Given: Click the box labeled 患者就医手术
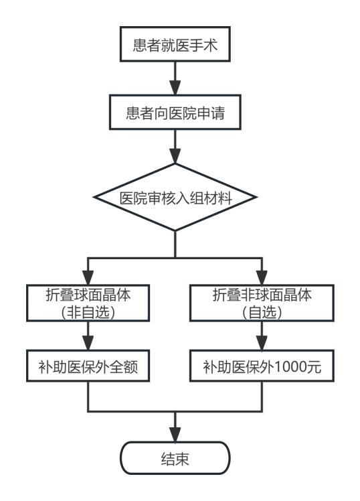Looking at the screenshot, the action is [175, 44].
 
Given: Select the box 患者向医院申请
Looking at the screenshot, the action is [175, 112].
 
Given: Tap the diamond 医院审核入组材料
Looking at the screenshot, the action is [175, 197].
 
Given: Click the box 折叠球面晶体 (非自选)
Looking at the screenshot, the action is [88, 303].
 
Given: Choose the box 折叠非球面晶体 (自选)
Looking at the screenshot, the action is [262, 303].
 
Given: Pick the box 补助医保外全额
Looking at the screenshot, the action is [88, 366].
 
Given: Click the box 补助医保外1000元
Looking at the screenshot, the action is [262, 366].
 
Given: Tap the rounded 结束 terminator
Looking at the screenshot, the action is [175, 458].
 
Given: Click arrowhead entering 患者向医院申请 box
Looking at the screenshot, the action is [175, 88].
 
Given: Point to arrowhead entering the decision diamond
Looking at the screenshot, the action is [175, 156].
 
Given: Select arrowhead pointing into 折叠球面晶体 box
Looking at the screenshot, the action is [88, 278].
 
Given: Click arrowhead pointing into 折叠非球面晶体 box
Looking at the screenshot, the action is [262, 278].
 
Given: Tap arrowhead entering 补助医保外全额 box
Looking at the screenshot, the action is [88, 343].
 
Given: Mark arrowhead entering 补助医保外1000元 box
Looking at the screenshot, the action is [262, 343].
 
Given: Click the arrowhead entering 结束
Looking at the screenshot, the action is [175, 435].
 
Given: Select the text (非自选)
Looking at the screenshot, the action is [88, 312].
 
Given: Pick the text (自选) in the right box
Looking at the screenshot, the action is [262, 312].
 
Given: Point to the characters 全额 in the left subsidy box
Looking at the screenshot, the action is [124, 366].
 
